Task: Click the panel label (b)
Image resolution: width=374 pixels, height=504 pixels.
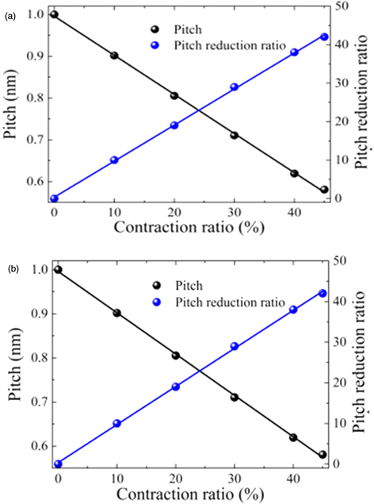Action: (x=10, y=269)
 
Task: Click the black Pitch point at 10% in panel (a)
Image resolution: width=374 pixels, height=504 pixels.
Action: (x=114, y=56)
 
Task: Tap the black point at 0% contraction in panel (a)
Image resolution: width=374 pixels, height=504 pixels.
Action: (x=54, y=14)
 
